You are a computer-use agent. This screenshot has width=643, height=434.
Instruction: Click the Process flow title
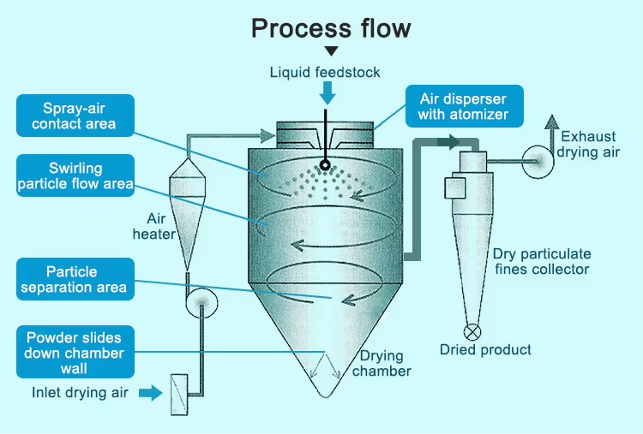(330, 27)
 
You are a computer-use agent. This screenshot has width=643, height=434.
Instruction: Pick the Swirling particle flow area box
(75, 175)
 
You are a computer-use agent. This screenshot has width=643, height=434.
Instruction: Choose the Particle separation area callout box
(75, 280)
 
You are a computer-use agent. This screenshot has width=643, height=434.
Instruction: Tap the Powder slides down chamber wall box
(75, 352)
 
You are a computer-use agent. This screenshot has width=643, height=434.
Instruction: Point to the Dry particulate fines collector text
(541, 262)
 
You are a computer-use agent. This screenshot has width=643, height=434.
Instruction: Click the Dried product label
(485, 349)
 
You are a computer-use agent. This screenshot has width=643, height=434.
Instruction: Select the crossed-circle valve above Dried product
(472, 330)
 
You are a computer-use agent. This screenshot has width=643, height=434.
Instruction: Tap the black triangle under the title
(331, 52)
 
